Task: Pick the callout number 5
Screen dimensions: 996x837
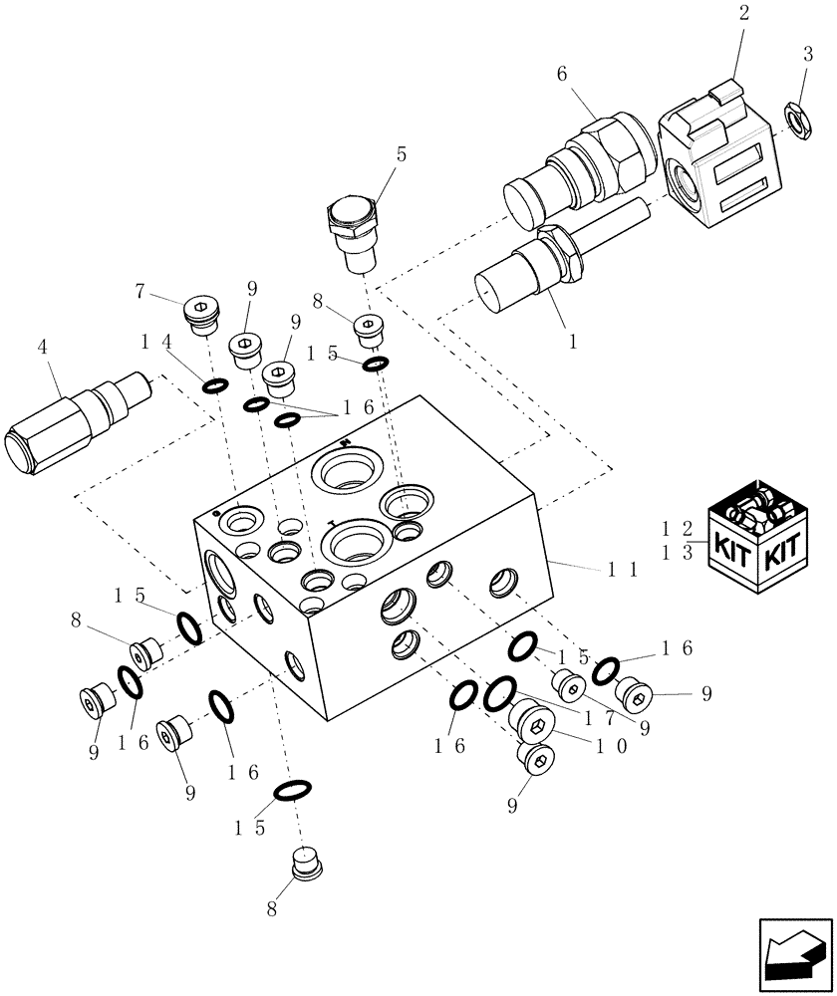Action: (402, 154)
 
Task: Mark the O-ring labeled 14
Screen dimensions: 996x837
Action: (215, 384)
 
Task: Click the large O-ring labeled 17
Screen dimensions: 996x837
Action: (499, 694)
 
